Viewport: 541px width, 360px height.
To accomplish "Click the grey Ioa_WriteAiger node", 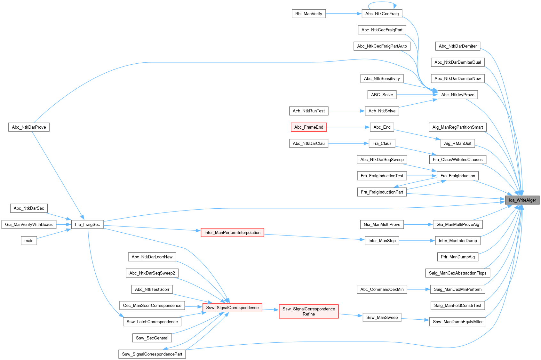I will [522, 200].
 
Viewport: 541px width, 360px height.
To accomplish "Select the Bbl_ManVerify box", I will [308, 14].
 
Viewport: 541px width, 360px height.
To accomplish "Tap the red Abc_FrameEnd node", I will [309, 127].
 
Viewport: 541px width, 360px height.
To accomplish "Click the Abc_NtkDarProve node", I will [29, 127].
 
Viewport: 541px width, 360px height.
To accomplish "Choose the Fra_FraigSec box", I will [87, 224].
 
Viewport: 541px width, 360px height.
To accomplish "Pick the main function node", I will [29, 241].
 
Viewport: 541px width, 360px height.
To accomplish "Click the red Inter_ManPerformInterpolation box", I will [232, 232].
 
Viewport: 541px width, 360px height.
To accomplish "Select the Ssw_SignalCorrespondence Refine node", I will [309, 311].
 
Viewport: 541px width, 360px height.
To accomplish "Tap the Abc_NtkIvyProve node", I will [457, 95].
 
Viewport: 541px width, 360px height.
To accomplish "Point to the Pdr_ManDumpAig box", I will [457, 257].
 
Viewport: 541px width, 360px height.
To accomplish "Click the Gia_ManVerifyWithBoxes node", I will [29, 224].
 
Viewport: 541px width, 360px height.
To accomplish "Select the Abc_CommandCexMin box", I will [382, 289].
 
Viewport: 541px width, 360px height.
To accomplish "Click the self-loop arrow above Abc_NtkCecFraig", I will [382, 3].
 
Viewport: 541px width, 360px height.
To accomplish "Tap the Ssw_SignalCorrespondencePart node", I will [152, 354].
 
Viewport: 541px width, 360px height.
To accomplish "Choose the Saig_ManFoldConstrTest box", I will [457, 305].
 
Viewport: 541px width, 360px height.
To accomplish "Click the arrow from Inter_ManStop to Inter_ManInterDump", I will [417, 241].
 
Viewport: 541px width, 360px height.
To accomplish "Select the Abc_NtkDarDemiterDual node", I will [457, 62].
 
